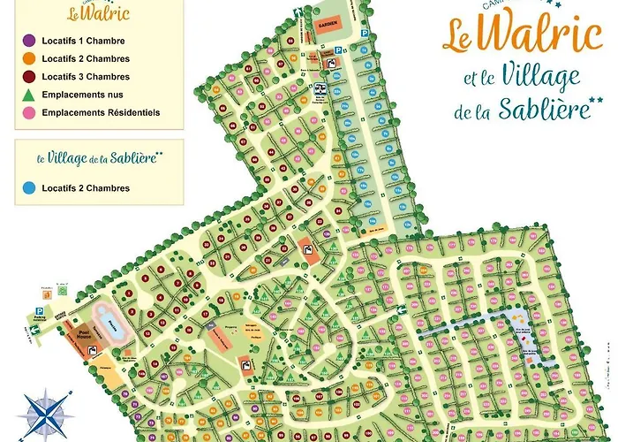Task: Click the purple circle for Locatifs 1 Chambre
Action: (x=28, y=41)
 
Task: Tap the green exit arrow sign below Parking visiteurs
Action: (x=34, y=331)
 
